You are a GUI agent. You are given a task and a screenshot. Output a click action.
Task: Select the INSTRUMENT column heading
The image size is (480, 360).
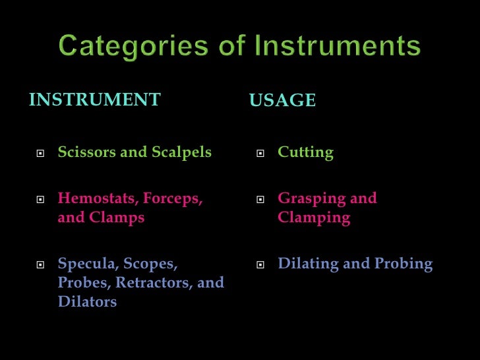pyautogui.click(x=95, y=100)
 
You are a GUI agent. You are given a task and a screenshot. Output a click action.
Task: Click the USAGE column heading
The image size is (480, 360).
pyautogui.click(x=282, y=101)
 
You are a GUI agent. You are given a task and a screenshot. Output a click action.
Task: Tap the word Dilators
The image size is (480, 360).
pyautogui.click(x=87, y=303)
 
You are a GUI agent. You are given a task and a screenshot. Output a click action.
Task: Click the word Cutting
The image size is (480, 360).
pyautogui.click(x=306, y=153)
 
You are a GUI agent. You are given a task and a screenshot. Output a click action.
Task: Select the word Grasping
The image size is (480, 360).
pyautogui.click(x=311, y=198)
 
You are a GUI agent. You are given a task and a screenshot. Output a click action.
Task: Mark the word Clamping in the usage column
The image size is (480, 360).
pyautogui.click(x=314, y=218)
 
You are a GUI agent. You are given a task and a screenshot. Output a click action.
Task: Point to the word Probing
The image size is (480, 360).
pyautogui.click(x=404, y=264)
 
